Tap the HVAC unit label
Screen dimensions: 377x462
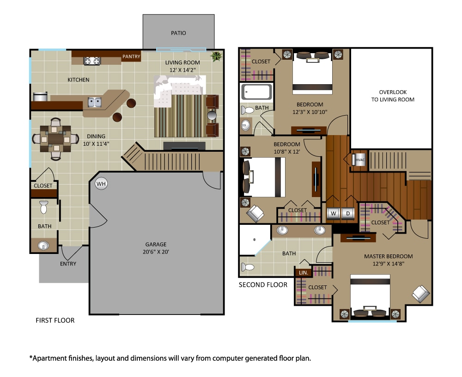coord(359,160)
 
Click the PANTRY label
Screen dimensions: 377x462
coord(131,56)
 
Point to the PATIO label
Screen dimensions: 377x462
coord(178,33)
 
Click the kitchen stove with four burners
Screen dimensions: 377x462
coord(91,61)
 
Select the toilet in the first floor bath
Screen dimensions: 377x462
coord(44,207)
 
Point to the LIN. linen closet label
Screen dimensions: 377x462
coord(304,272)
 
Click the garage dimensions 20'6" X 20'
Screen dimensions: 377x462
coord(155,252)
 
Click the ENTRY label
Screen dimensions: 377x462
coord(68,264)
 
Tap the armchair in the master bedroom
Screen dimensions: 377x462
coord(420,293)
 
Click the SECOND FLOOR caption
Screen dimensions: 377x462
coord(263,285)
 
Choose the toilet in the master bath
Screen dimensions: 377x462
coord(247,267)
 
